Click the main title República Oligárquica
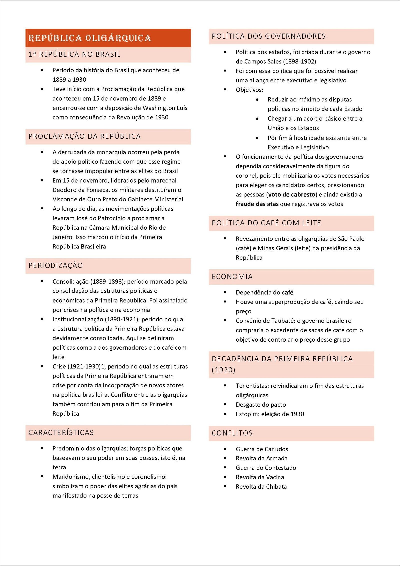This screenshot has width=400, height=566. [x=90, y=38]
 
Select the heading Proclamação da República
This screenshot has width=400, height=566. [x=85, y=136]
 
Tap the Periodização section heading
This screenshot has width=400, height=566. [x=56, y=266]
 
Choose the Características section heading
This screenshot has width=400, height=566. [x=61, y=433]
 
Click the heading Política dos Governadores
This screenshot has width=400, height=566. [x=269, y=36]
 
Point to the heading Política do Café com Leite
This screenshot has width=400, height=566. [x=266, y=223]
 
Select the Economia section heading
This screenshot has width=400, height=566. [x=232, y=277]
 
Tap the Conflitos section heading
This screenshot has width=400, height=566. [x=232, y=433]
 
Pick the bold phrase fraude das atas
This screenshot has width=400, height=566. [x=257, y=204]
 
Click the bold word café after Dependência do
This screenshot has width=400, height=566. [x=287, y=293]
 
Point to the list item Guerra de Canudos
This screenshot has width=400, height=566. [x=262, y=449]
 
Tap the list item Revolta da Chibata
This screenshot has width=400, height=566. [x=261, y=487]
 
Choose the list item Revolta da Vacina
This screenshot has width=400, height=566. [x=260, y=477]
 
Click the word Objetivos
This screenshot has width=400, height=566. [x=249, y=90]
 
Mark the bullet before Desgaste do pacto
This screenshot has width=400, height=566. [x=225, y=404]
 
